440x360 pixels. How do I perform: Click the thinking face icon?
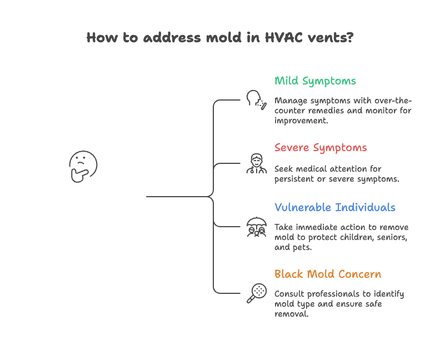(83, 166)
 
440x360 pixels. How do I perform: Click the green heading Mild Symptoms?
(315, 81)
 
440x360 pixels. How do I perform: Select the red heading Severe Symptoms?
(321, 148)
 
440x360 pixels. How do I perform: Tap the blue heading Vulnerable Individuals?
(335, 208)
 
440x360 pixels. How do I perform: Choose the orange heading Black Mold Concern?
(328, 274)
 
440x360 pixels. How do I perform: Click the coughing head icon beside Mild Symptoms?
(256, 100)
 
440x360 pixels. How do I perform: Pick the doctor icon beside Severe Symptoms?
(256, 164)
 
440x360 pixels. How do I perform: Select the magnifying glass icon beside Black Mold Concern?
(256, 293)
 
